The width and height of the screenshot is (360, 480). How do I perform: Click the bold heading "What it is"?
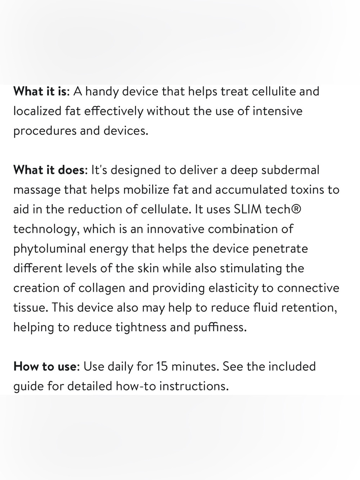(40, 91)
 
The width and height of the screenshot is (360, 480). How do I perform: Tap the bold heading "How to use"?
(45, 366)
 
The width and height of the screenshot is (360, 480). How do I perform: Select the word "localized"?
(37, 111)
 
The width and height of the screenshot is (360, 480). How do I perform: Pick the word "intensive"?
(278, 111)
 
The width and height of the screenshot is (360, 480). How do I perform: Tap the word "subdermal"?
(290, 170)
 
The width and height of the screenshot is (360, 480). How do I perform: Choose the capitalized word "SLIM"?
(248, 209)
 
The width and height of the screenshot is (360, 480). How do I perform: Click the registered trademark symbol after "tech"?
(296, 209)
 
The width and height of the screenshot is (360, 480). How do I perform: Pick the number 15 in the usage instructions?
(162, 367)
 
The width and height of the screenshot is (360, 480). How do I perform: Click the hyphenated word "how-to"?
(136, 386)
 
